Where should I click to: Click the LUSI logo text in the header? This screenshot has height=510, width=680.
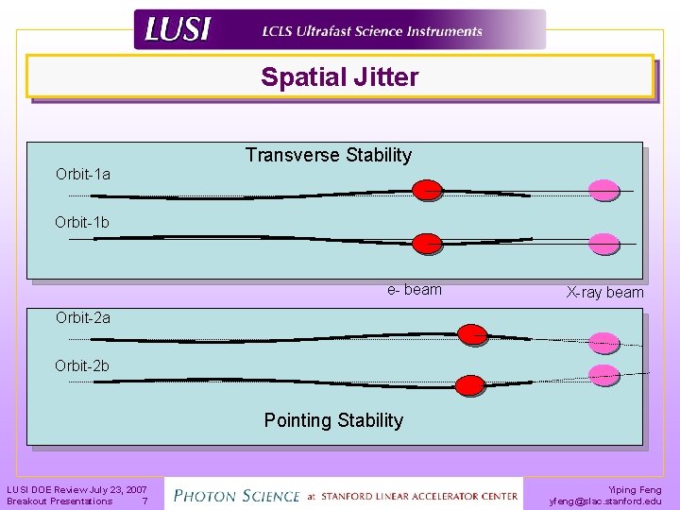click(x=178, y=30)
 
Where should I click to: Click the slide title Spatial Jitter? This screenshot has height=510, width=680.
click(x=340, y=77)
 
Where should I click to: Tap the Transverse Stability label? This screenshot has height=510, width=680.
click(x=329, y=155)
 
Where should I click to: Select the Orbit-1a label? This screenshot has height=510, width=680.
click(x=83, y=174)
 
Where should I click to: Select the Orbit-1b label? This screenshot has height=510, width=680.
click(x=82, y=223)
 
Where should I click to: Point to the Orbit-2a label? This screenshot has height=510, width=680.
click(x=83, y=317)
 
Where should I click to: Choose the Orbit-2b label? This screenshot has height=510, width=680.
click(x=82, y=365)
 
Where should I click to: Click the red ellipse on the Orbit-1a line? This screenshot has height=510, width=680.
click(x=428, y=190)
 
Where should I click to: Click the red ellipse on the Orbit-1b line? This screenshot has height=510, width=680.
click(x=428, y=243)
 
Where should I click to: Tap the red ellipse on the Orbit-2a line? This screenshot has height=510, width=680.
click(x=471, y=333)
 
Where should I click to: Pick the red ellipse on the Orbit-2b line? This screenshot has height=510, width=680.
click(x=470, y=385)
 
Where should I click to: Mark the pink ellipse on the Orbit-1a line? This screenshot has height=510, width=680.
click(x=603, y=190)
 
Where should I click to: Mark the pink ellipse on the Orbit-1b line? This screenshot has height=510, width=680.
click(x=603, y=243)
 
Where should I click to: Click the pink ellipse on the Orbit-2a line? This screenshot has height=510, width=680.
click(x=603, y=342)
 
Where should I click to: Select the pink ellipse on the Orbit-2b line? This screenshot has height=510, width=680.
click(x=603, y=374)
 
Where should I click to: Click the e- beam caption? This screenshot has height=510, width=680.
click(x=414, y=290)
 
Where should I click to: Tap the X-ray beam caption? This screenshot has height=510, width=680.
click(x=605, y=293)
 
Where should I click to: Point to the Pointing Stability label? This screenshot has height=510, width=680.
click(x=333, y=420)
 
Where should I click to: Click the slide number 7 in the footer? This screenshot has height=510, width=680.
click(x=144, y=501)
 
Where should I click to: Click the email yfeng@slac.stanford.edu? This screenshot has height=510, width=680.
click(x=605, y=501)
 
